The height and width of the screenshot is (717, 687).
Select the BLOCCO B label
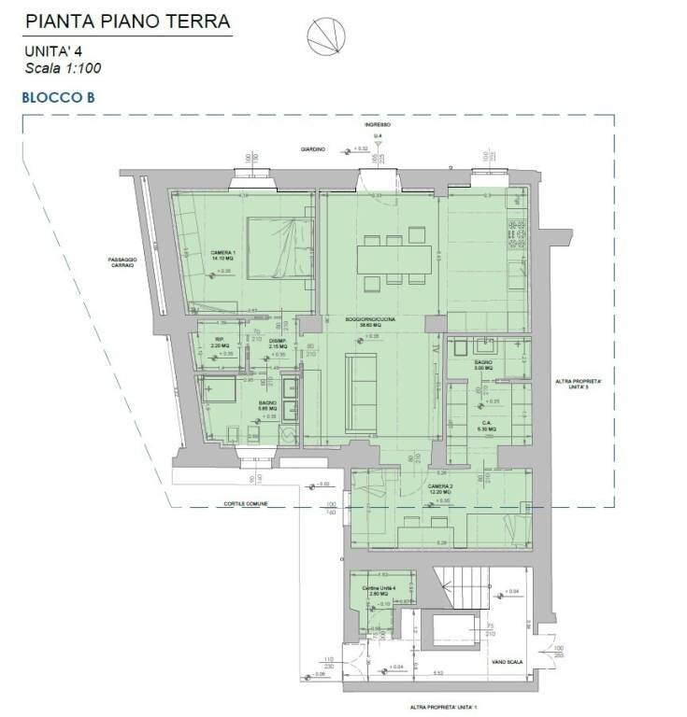[59, 95]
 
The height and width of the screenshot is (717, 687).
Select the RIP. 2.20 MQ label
[221, 343]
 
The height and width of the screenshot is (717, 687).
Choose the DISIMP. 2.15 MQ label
[278, 344]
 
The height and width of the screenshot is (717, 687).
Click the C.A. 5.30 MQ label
[487, 426]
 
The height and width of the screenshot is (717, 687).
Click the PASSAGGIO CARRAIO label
[122, 262]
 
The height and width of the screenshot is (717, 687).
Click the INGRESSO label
[378, 124]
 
